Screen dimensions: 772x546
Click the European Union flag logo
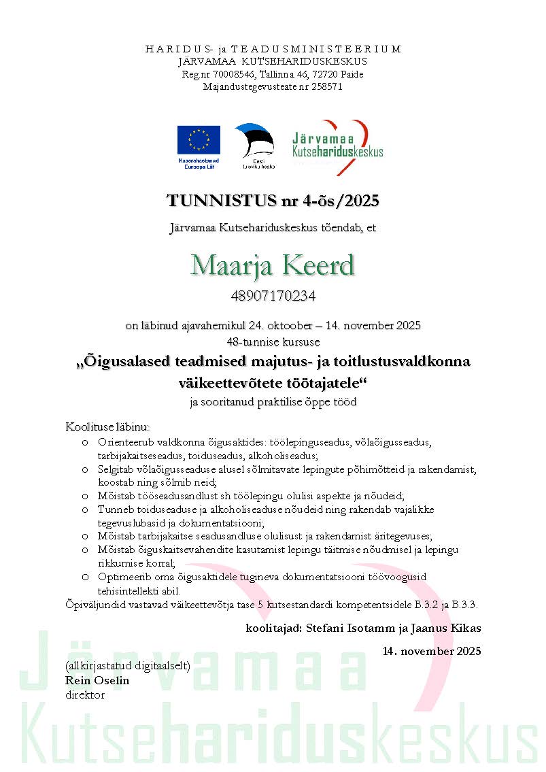pos(199,140)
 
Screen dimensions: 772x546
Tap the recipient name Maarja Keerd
pos(273,265)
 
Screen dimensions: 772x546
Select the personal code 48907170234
pos(273,296)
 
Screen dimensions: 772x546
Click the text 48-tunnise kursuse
pos(273,341)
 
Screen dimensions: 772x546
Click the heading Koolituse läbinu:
pos(107,426)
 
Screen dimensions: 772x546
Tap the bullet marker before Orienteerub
pos(84,442)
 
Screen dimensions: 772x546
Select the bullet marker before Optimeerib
pos(84,577)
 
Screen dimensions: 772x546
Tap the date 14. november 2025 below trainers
pos(432,651)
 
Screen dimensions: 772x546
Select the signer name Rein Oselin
pos(97,680)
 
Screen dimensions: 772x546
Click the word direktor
pos(85,694)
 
